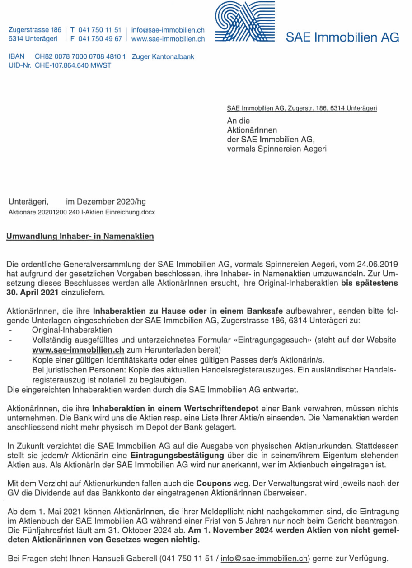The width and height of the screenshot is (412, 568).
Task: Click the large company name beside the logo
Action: coord(342,37)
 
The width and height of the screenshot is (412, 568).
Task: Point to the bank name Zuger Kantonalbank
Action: coord(163,57)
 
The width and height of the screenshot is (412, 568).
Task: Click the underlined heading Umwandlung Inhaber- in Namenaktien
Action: coord(80,236)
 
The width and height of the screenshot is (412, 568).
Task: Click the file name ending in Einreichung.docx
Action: coord(82,212)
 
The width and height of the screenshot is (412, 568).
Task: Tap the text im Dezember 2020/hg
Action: coord(106,202)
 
